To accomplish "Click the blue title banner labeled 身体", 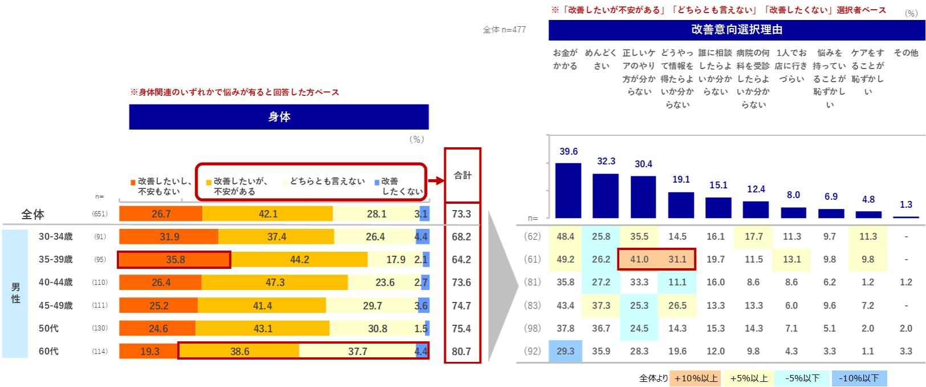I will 279,117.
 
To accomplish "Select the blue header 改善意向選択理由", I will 736,30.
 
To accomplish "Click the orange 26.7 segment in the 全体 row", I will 161,214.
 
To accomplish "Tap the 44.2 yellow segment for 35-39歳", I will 299,260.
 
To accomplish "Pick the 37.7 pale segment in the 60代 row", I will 358,351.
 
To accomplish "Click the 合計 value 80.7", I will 461,351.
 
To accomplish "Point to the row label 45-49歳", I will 56,305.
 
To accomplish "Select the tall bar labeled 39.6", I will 568,190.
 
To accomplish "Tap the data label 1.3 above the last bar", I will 905,204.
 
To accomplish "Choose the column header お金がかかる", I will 565,59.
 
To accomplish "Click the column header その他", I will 905,53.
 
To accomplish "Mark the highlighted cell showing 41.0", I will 639,259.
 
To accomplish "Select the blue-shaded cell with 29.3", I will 565,351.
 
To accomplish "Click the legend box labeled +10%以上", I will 696,378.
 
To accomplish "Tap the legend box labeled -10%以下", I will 859,378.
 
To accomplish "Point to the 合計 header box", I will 462,175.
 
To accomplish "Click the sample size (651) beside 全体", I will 100,214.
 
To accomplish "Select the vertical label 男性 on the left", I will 15,293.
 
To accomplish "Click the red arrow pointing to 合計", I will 436,180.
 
